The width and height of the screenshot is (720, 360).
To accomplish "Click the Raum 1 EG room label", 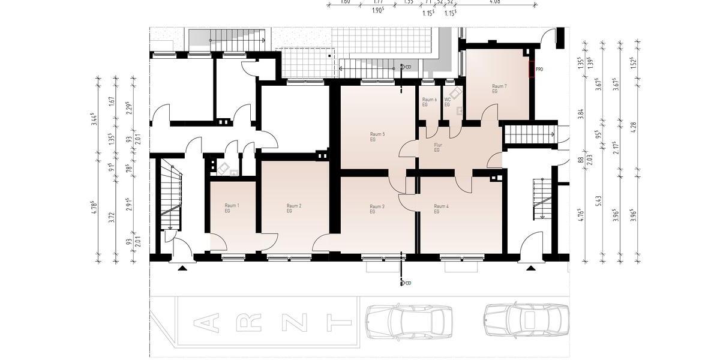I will pos(232,208).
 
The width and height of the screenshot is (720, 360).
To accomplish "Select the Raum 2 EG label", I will pos(293,208).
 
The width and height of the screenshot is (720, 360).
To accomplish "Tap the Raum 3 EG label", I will pos(377,208).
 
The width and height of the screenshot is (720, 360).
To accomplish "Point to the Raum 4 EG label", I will pos(441,208).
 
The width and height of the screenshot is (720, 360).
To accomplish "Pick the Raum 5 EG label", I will pos(377,136).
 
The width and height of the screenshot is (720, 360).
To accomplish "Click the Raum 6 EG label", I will pos(429,102).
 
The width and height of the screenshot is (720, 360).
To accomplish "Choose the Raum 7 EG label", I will pos(499,89).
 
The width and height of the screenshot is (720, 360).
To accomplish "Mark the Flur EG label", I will pos(437,147).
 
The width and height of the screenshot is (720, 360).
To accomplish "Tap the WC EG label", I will pos(447,102).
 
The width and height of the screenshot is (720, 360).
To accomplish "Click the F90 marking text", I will pos(539,70).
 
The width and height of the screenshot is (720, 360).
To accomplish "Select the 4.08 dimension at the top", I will pos(496,2).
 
